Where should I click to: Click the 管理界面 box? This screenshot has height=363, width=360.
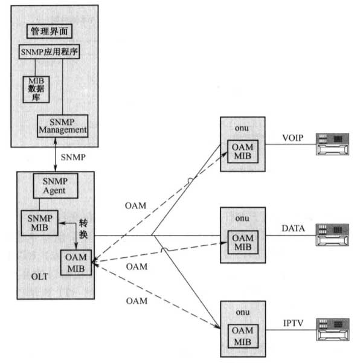[50, 31]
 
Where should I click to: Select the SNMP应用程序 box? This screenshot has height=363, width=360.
[50, 51]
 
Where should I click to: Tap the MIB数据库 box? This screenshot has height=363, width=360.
[36, 89]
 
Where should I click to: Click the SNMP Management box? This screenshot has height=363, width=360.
[62, 126]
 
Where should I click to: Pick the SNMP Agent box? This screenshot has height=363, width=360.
[56, 186]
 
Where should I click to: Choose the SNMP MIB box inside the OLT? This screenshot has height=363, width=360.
[40, 223]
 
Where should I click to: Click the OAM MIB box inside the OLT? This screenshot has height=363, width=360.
[76, 263]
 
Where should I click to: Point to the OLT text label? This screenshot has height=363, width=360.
[40, 277]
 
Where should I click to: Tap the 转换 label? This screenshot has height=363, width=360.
[83, 229]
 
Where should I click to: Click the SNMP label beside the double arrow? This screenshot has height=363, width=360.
[73, 158]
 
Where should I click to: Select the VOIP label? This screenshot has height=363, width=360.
[293, 138]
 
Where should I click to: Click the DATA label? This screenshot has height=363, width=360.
[293, 228]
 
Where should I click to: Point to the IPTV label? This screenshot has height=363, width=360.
[294, 323]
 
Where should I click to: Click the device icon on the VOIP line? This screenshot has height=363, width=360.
[332, 144]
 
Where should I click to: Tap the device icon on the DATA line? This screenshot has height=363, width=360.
[332, 235]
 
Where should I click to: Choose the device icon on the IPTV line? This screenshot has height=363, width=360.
[333, 329]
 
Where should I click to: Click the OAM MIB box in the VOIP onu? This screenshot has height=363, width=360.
[243, 152]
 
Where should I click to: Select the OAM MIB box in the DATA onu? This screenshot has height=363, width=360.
[243, 242]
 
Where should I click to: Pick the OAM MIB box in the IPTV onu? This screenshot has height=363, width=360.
[243, 336]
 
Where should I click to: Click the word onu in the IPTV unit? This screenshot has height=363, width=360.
[243, 312]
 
